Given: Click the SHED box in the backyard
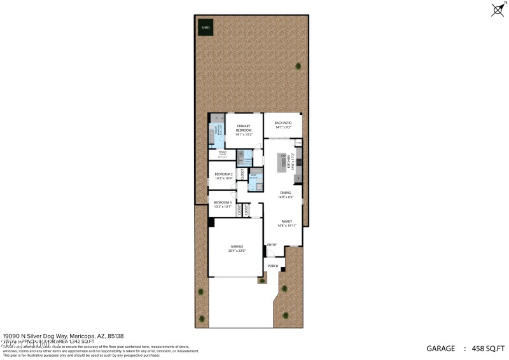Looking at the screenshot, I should click(205, 27).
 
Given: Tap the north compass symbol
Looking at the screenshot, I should click(498, 10).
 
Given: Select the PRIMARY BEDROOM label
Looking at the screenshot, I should click(244, 128).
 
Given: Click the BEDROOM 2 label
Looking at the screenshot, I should click(223, 174).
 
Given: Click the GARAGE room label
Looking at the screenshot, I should click(236, 246).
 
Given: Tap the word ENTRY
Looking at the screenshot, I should click(272, 245).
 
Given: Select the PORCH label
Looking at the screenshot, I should click(272, 266).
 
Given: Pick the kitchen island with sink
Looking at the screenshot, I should click(281, 163).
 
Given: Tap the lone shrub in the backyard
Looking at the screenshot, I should click(298, 66).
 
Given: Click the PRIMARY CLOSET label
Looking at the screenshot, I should click(223, 152).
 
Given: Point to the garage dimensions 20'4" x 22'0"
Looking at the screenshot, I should click(236, 251).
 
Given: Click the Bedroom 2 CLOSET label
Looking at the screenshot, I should click(242, 174).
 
